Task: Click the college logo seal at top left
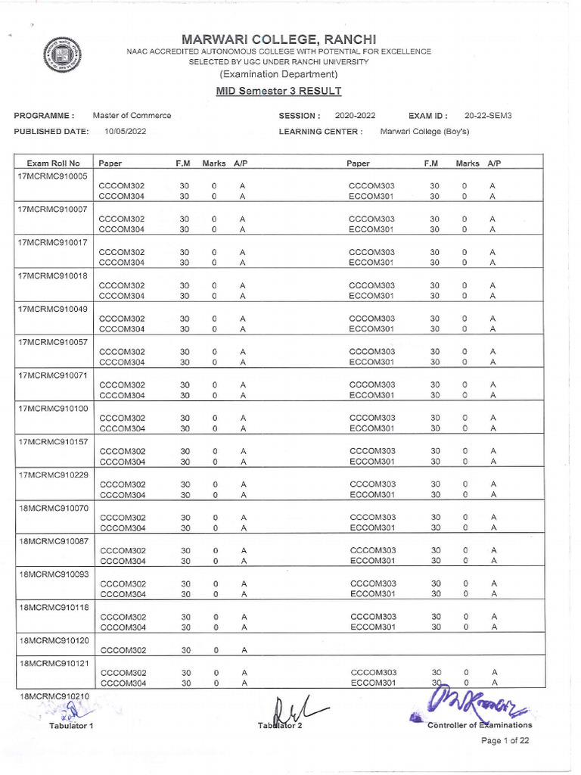[x=61, y=56]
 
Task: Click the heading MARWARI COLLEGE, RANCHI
[x=278, y=39]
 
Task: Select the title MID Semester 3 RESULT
[x=278, y=91]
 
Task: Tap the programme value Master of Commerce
[x=132, y=116]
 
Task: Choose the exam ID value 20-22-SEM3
[x=488, y=116]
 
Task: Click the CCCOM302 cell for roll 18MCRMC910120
[x=123, y=650]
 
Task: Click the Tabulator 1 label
[x=70, y=726]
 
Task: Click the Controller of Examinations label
[x=479, y=725]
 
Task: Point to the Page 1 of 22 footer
[x=506, y=741]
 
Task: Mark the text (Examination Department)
[x=278, y=74]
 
